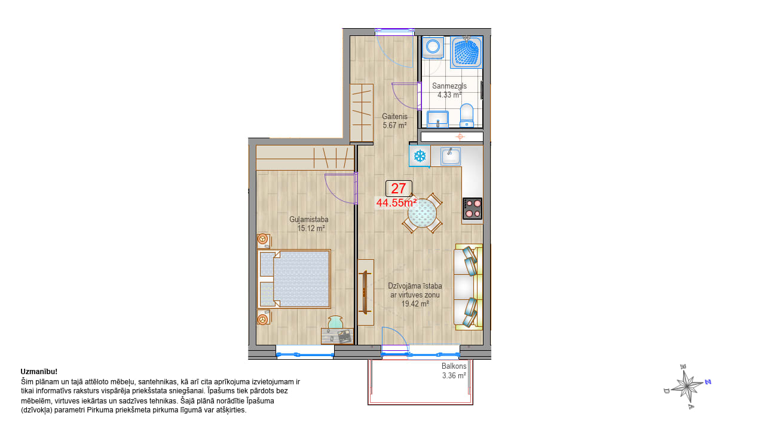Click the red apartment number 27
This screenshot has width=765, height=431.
[x=398, y=189]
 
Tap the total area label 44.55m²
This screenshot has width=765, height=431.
[x=396, y=203]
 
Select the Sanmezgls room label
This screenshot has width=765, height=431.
[x=449, y=86]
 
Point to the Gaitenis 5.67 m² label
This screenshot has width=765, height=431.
[x=394, y=121]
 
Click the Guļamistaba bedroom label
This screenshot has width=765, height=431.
[x=309, y=220]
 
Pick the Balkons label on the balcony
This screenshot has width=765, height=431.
[x=454, y=366]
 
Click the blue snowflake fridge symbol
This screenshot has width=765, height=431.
[x=420, y=156]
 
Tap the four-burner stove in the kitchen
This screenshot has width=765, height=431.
[x=472, y=208]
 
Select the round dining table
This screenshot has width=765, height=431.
[x=422, y=213]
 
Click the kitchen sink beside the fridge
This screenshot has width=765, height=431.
[x=451, y=157]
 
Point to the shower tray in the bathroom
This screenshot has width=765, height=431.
[x=466, y=53]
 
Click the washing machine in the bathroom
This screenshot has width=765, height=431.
[x=433, y=47]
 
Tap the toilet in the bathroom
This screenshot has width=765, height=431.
[x=467, y=116]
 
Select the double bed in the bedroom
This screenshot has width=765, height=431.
[x=294, y=279]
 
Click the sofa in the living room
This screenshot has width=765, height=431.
[x=468, y=287]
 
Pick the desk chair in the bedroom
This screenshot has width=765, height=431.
[x=335, y=322]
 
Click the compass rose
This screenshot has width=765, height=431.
[x=687, y=387]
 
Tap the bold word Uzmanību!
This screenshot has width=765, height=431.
[x=39, y=372]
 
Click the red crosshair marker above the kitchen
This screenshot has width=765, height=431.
[x=460, y=137]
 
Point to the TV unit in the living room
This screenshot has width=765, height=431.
[x=365, y=293]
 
